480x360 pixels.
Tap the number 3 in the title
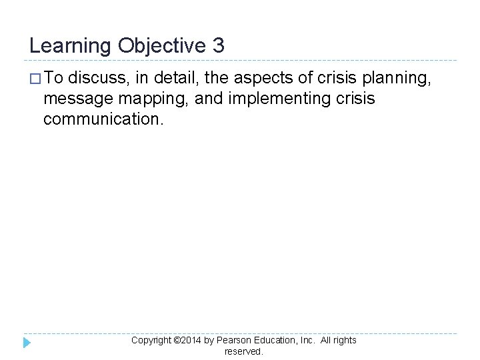coord(219,45)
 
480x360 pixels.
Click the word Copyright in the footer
coord(151,340)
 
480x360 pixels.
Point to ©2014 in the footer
coord(187,340)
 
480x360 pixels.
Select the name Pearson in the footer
coord(233,340)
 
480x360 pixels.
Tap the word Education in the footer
coord(275,340)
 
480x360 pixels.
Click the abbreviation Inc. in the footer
coord(307,340)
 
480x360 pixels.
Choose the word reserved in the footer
coord(243,351)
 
